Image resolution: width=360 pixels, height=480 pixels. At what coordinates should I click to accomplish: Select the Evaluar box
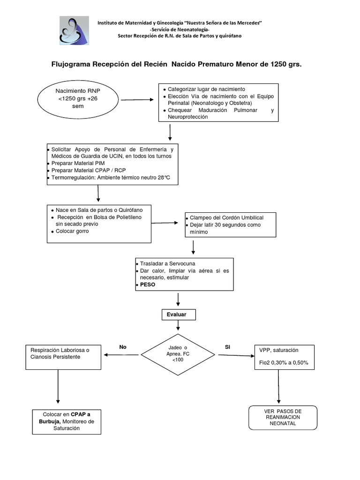(x=176, y=315)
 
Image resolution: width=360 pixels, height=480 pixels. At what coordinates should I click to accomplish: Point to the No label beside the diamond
(x=123, y=347)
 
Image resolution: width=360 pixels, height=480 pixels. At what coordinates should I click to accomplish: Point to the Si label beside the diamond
(x=228, y=347)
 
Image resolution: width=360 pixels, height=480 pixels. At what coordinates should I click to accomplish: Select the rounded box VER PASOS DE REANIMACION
(x=282, y=417)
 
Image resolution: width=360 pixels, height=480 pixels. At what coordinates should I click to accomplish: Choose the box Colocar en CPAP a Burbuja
(x=67, y=421)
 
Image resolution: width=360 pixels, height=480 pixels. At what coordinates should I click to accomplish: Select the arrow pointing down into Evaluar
(x=178, y=300)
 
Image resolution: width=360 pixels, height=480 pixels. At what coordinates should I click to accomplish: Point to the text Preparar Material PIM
(x=78, y=163)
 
